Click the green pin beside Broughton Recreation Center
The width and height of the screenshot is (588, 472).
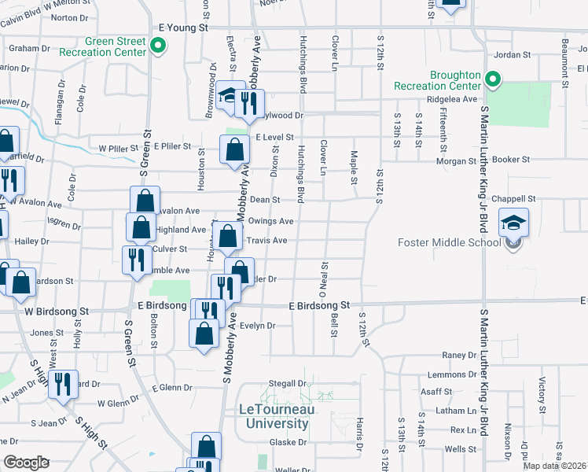click(x=493, y=79)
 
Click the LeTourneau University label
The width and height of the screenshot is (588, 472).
click(x=274, y=416)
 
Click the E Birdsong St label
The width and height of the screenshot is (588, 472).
click(x=319, y=304)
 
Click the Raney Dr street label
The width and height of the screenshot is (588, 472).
click(x=454, y=356)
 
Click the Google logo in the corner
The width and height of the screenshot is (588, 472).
click(x=27, y=463)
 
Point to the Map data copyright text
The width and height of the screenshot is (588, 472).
click(x=555, y=466)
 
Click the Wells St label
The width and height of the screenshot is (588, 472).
click(x=455, y=448)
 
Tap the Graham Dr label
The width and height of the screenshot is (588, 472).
click(x=30, y=48)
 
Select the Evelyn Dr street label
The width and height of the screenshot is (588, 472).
click(x=257, y=326)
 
